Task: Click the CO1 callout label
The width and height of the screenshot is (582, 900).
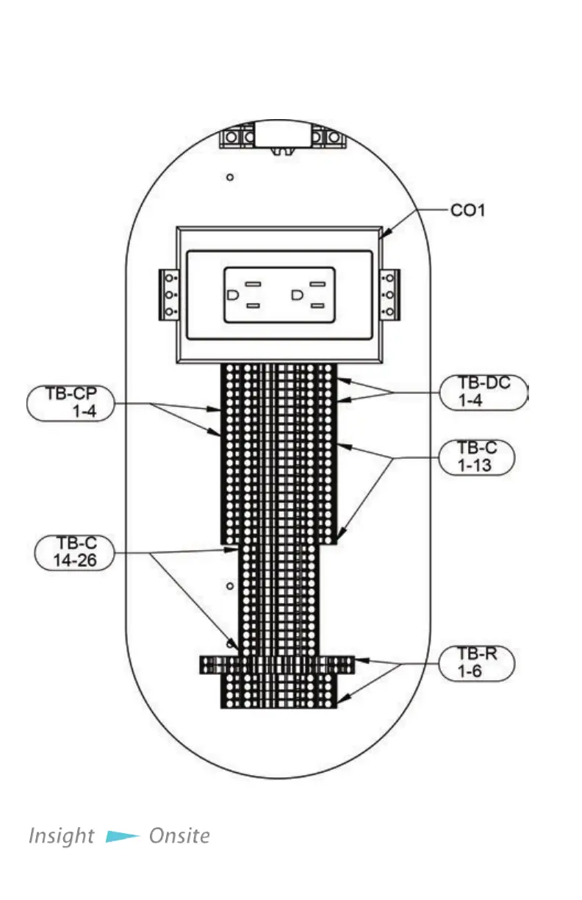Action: (467, 211)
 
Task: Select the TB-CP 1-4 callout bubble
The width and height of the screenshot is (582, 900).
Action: (71, 402)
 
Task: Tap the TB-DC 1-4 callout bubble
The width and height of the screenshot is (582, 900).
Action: (484, 392)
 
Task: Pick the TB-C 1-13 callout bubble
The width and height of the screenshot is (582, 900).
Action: (475, 457)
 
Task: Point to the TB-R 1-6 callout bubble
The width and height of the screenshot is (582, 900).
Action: (475, 662)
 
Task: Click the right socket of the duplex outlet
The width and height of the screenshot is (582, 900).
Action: (309, 294)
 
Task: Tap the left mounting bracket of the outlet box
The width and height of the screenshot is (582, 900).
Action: (170, 294)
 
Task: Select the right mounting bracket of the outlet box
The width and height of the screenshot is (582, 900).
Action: (389, 294)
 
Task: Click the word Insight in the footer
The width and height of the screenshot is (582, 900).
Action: (61, 836)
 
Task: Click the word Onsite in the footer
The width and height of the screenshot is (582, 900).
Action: (179, 836)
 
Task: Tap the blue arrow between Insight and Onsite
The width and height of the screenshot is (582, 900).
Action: (122, 836)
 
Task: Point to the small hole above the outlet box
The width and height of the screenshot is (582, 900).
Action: (230, 177)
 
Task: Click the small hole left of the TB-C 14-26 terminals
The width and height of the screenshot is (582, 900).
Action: (230, 586)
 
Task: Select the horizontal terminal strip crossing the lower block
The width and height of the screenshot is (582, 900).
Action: (277, 664)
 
